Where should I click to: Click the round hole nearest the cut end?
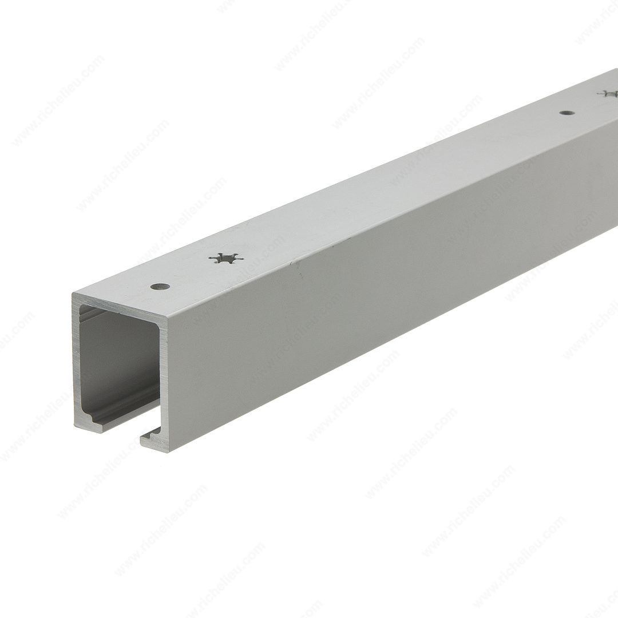point(160,286)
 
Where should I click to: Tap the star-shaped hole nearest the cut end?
point(225,258)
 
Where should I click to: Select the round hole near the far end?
point(566,113)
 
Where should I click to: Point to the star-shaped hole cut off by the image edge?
point(609,94)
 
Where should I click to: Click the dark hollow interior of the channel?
point(118,363)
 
